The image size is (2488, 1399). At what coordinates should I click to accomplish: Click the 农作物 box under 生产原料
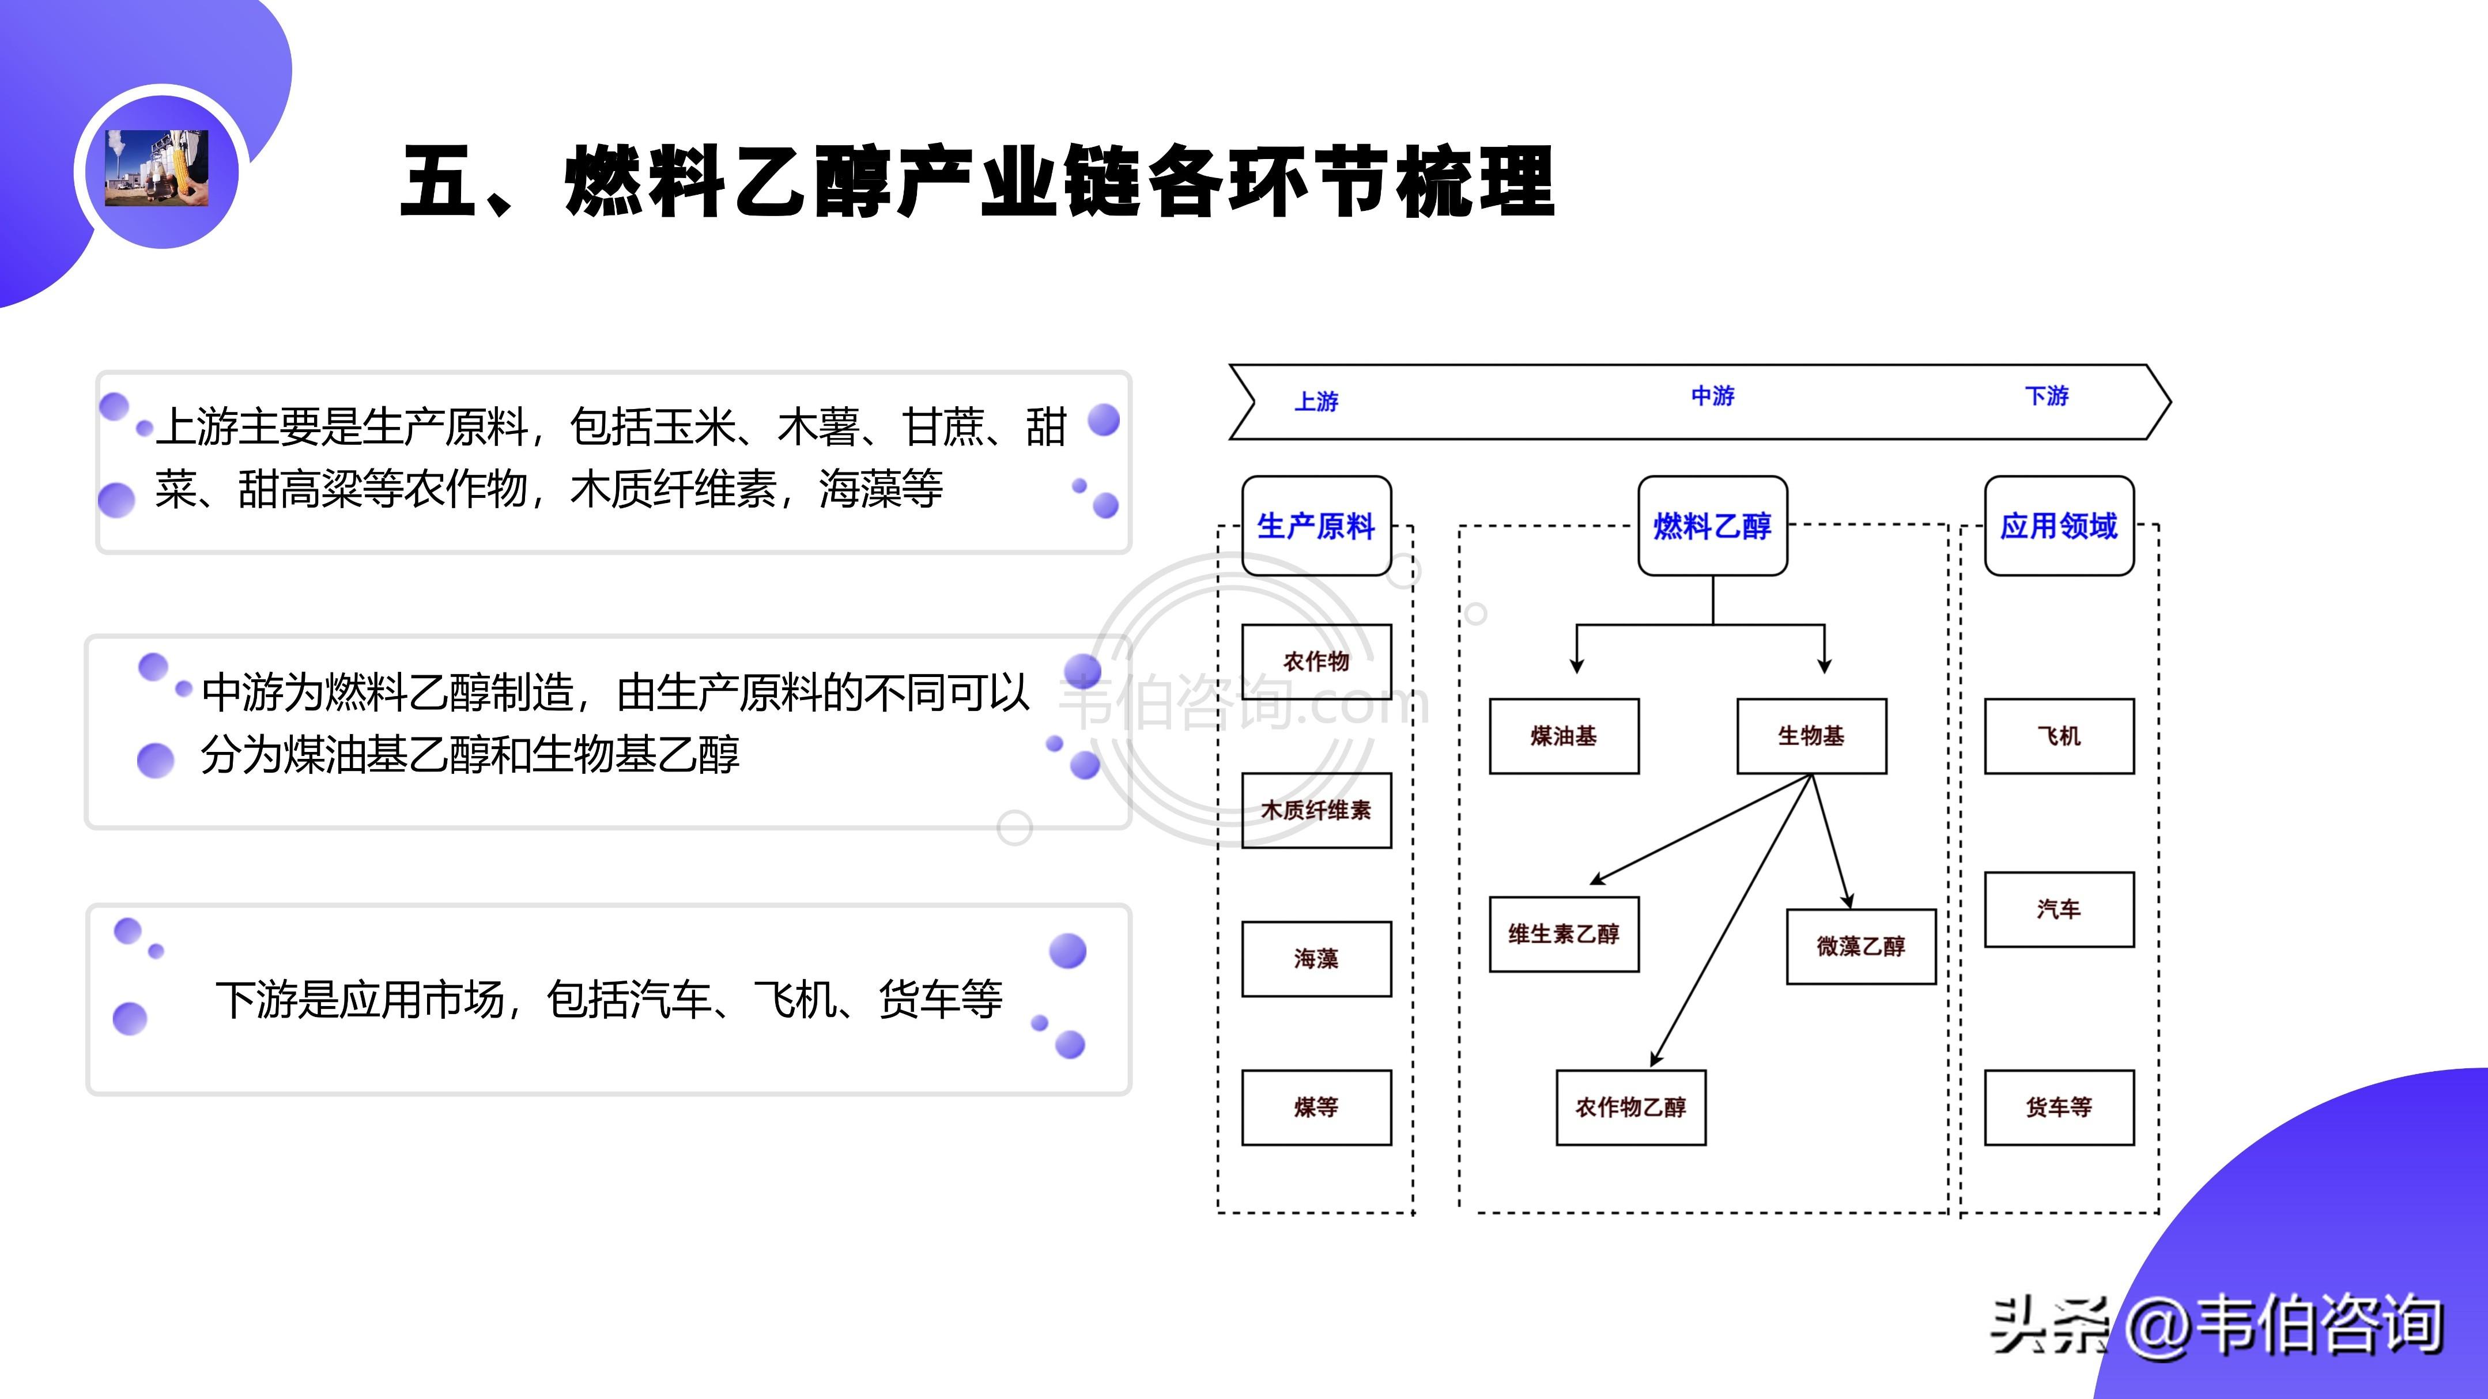tap(1316, 661)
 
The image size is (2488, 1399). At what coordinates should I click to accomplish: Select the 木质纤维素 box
tap(1316, 810)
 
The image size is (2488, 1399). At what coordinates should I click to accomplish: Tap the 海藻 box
tap(1316, 959)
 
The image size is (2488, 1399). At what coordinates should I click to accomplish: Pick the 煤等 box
tap(1316, 1107)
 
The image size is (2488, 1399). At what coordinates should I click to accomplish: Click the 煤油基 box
tap(1564, 736)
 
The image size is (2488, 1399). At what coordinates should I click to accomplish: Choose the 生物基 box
tap(1811, 736)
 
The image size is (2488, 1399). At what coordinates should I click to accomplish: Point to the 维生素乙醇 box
tap(1564, 933)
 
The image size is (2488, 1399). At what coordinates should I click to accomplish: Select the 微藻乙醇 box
tap(1860, 946)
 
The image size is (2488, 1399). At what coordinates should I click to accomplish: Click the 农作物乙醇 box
tap(1630, 1107)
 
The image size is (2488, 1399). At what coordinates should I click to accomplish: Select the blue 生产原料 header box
tap(1316, 526)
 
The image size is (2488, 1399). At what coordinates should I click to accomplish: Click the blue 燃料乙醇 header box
tap(1712, 526)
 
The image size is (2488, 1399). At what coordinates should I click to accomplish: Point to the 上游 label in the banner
tap(1316, 400)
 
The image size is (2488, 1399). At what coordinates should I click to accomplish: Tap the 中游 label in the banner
tap(1712, 396)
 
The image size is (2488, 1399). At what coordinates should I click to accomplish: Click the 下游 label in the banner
tap(2047, 396)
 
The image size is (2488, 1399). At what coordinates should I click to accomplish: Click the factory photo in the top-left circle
tap(156, 168)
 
